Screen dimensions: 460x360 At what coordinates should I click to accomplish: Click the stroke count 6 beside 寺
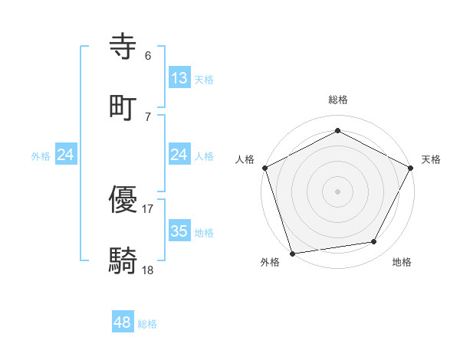[x=147, y=56]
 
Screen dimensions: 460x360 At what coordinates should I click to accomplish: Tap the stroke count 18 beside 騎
[x=148, y=270]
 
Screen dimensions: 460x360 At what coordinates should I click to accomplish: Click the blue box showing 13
[x=179, y=78]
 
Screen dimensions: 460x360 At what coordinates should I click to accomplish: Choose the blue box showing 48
[x=122, y=322]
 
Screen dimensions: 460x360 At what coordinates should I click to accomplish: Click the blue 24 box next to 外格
[x=66, y=155]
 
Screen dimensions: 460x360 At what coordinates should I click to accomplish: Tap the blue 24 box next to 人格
[x=179, y=155]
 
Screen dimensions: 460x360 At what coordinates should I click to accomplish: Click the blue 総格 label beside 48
[x=147, y=324]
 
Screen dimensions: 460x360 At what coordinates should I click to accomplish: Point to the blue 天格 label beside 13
[x=204, y=79]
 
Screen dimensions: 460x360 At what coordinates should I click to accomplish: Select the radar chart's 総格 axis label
[x=338, y=100]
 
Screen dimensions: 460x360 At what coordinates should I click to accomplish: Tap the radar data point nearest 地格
[x=374, y=242]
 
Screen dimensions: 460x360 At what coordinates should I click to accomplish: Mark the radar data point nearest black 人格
[x=264, y=168]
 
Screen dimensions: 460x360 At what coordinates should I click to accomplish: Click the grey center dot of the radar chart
[x=337, y=191]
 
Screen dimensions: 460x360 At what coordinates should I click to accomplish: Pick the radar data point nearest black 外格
[x=292, y=253]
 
